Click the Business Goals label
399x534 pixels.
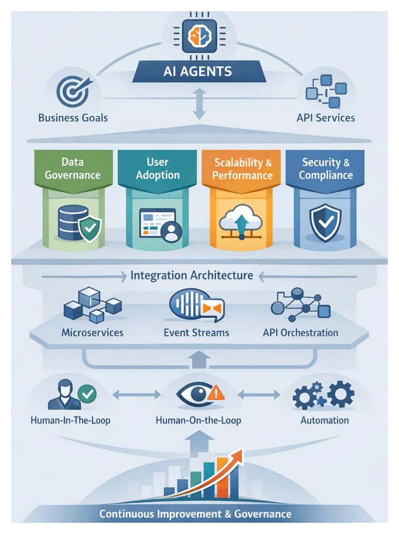pos(73,118)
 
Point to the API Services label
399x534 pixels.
pos(326,118)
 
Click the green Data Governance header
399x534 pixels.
pos(72,168)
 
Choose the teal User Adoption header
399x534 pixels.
pos(157,168)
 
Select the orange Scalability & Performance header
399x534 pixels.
pos(243,169)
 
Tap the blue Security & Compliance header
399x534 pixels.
pos(326,168)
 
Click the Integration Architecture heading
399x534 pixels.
pos(192,276)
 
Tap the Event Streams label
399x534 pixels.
pos(196,332)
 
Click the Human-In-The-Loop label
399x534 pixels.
pos(71,420)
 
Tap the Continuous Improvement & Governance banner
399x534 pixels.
pos(196,513)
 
